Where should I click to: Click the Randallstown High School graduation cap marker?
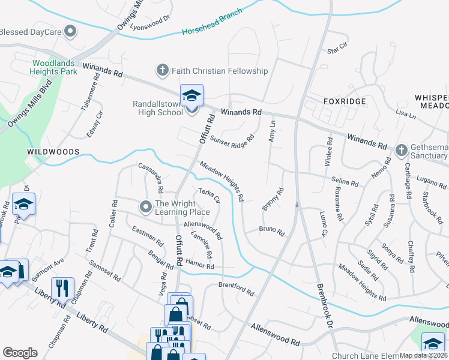(x=191, y=95)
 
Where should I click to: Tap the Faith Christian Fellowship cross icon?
(x=161, y=71)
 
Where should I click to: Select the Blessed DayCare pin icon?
(x=71, y=31)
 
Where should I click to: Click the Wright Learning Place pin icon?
(x=145, y=208)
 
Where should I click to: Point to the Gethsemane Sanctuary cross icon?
(x=402, y=149)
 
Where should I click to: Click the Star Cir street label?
(x=337, y=46)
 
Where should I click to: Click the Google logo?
(x=20, y=353)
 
